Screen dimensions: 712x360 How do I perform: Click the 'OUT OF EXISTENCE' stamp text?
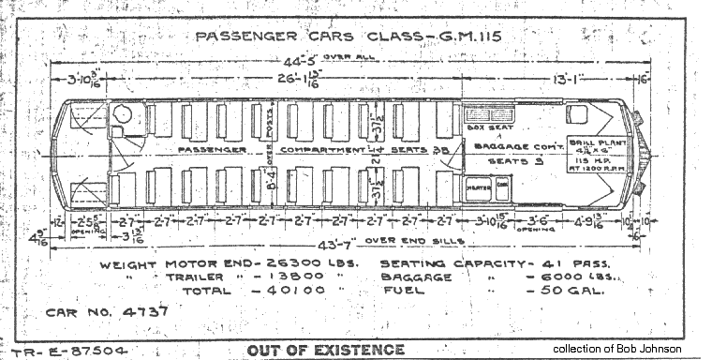tap(325, 351)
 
